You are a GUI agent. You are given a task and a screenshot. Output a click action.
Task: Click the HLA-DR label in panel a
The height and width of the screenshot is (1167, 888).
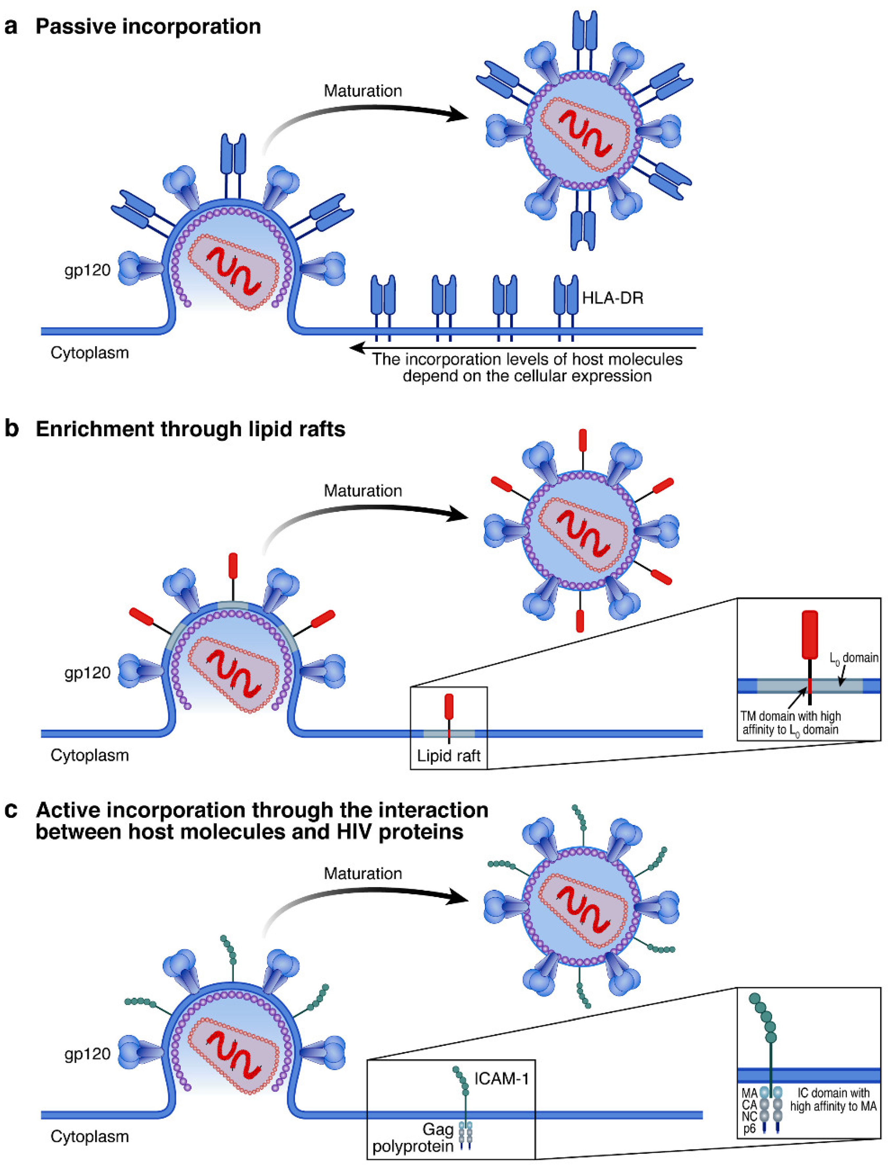tap(613, 298)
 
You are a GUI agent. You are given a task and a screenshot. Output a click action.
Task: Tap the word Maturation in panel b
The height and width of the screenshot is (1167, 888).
tap(363, 491)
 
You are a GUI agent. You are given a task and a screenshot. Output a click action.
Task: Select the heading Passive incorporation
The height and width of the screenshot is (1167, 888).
tap(148, 26)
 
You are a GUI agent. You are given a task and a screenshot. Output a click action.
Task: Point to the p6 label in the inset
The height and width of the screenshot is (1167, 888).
tap(749, 1129)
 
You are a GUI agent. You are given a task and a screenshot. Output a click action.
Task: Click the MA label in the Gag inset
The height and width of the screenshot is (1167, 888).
tap(749, 1092)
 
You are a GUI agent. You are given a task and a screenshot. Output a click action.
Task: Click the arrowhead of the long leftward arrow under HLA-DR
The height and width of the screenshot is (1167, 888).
tap(356, 347)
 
